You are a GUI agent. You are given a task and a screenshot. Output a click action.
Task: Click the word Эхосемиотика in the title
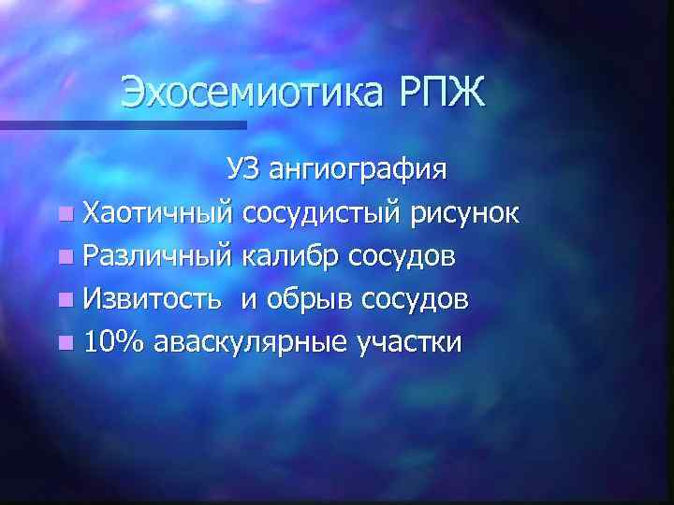click(x=250, y=94)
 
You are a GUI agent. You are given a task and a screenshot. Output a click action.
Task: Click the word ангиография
click(x=358, y=172)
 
